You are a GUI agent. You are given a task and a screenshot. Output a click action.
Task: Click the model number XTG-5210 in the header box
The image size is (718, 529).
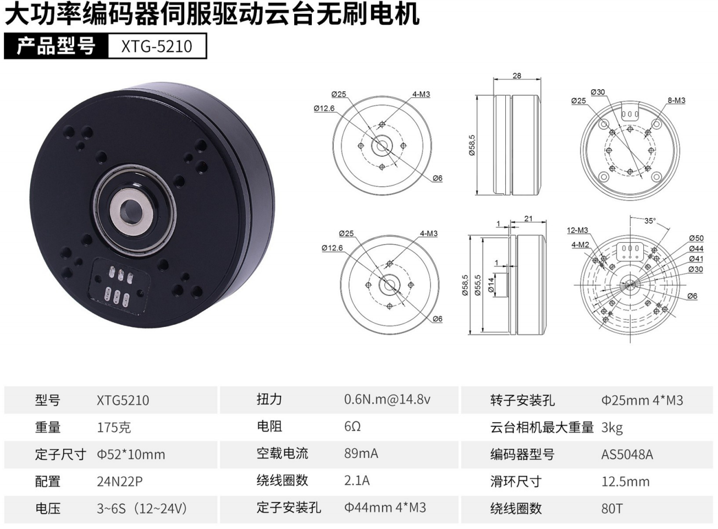click(x=157, y=46)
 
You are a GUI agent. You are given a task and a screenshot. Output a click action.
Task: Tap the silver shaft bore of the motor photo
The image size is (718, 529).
click(x=131, y=212)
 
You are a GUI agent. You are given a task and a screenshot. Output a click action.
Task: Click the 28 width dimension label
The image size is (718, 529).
click(x=517, y=76)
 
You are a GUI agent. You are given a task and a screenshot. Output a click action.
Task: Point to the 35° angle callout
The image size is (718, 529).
click(x=650, y=221)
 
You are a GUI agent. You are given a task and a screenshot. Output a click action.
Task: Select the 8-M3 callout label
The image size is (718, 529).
click(x=676, y=101)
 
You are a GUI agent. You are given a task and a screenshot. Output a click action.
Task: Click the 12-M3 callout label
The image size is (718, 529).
click(x=577, y=230)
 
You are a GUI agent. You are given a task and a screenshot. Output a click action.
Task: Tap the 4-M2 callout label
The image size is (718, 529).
click(x=580, y=245)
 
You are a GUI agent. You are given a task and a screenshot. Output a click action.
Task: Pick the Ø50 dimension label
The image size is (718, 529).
click(x=696, y=238)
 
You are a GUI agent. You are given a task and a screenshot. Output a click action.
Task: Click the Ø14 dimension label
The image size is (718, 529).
click(x=491, y=285)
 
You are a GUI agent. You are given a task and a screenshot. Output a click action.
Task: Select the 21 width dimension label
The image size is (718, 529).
click(x=528, y=219)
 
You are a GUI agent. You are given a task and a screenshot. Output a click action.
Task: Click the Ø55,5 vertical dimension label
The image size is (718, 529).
click(x=478, y=285)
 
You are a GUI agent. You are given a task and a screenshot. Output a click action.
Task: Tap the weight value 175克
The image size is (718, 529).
click(x=114, y=428)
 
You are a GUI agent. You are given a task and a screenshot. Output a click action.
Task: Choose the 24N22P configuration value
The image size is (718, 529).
click(x=119, y=482)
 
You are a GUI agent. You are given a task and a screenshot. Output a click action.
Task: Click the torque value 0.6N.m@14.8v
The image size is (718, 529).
click(x=387, y=400)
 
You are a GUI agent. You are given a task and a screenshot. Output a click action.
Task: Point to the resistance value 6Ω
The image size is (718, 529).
click(x=352, y=427)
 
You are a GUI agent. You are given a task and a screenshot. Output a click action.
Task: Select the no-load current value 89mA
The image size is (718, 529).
click(x=361, y=454)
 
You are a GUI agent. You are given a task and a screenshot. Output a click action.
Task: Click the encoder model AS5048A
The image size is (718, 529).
click(x=627, y=455)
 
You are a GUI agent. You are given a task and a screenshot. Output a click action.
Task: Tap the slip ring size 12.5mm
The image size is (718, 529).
click(x=626, y=482)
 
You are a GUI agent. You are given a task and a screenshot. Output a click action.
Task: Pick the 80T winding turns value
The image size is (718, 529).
click(x=612, y=509)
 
